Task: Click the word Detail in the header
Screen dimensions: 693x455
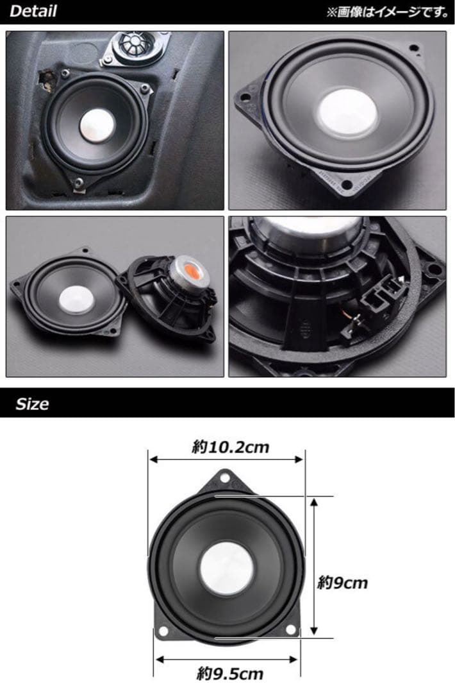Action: point(33,11)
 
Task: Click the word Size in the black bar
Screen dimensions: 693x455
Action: point(32,404)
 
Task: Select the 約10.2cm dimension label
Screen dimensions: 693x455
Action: point(231,447)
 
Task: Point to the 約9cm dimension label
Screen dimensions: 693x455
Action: point(343,583)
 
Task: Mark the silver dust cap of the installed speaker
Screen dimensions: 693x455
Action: point(98,123)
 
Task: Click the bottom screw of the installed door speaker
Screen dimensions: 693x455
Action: point(76,184)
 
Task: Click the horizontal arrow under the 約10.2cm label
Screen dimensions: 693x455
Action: point(226,459)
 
